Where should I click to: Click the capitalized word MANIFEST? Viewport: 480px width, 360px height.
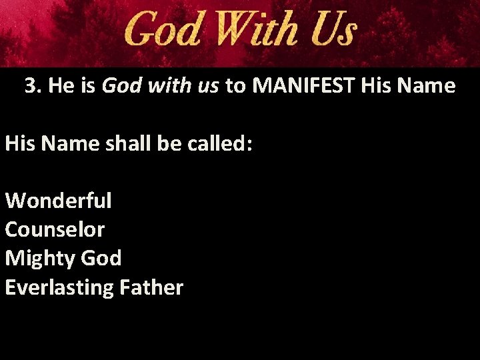pyautogui.click(x=307, y=86)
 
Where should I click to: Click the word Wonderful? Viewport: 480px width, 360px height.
pyautogui.click(x=59, y=200)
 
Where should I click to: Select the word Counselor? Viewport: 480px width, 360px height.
pyautogui.click(x=55, y=229)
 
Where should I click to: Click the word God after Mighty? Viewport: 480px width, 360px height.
pyautogui.click(x=101, y=258)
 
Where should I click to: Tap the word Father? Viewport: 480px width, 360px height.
pyautogui.click(x=151, y=287)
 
